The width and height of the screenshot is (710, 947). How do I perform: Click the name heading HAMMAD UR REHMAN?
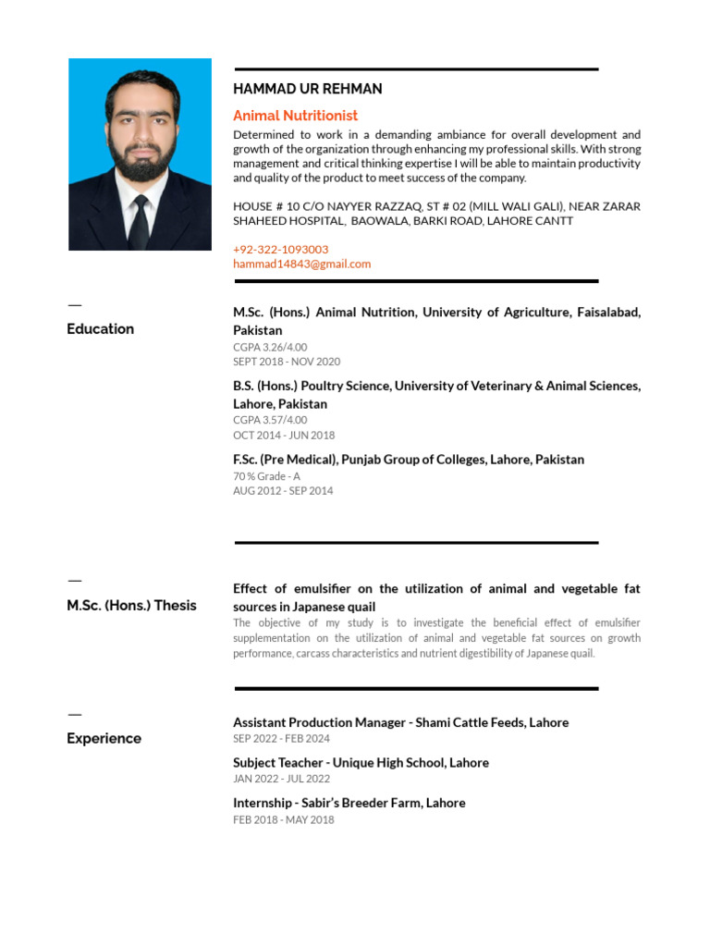point(307,89)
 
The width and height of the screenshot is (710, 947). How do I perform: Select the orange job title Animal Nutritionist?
point(295,116)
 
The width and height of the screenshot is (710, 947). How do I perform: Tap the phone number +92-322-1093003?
point(280,250)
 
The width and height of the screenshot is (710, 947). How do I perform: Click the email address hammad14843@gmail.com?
point(301,264)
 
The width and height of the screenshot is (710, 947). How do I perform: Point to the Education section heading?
point(100,329)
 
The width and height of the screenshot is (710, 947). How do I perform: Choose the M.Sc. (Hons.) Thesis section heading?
point(131,606)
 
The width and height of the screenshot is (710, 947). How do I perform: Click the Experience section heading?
point(104,739)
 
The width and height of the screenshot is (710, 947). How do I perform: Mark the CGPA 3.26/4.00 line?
point(270,347)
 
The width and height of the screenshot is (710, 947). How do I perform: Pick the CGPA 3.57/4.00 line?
point(270,420)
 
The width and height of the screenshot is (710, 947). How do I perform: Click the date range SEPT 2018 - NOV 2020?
point(287,362)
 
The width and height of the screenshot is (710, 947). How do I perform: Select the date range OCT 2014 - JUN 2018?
point(284,435)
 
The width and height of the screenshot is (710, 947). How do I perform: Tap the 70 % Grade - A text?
point(266,476)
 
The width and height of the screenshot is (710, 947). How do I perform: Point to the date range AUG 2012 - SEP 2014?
point(283,491)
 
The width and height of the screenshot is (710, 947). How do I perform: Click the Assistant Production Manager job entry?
point(400,722)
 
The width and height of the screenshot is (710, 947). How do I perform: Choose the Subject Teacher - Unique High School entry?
point(361,763)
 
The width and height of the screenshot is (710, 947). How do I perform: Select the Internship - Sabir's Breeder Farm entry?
point(349,803)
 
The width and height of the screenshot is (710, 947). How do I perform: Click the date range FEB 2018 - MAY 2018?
point(283,819)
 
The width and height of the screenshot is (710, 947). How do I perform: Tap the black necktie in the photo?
point(139,222)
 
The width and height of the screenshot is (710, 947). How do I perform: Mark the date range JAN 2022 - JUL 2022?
point(281,779)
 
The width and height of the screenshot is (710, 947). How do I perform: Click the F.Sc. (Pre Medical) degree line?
point(408,460)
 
